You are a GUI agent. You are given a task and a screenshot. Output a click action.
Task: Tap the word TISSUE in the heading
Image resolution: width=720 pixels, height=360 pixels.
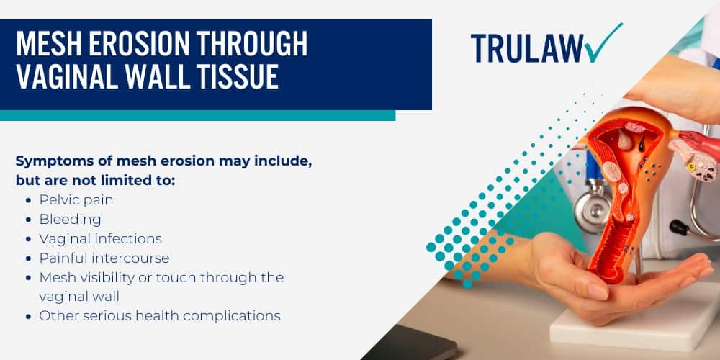[x=235, y=76]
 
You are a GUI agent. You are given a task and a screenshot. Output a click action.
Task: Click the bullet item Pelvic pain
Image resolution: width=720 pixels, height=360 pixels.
[x=76, y=199]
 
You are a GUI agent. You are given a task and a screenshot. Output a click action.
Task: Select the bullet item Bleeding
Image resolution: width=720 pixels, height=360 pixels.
[x=71, y=219]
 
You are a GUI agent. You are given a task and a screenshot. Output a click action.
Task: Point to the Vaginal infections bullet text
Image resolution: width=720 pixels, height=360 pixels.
[x=101, y=238]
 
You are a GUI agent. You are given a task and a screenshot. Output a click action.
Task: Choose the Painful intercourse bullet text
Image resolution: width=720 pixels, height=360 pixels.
[x=104, y=258]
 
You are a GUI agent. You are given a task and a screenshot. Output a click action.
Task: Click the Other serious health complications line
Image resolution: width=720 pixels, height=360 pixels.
[x=160, y=315]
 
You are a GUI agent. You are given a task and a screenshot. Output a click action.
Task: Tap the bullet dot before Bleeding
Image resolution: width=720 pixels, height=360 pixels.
[x=27, y=220]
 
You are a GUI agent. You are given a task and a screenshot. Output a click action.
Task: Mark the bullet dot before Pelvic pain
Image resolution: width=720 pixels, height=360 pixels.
[x=27, y=200]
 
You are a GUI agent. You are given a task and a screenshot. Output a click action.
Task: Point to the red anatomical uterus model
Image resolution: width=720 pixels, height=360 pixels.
[x=619, y=187]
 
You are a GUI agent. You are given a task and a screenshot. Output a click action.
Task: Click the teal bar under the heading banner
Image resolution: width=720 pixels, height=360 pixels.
[x=197, y=115]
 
